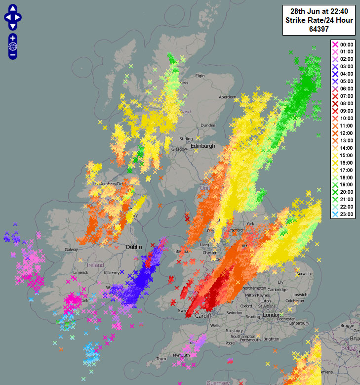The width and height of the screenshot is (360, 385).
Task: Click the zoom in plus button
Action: click(x=13, y=39)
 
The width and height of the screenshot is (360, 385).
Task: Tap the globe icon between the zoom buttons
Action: click(x=13, y=47)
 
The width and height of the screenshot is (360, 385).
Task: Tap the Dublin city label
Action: click(x=133, y=247)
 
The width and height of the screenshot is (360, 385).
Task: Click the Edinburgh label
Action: click(x=203, y=146)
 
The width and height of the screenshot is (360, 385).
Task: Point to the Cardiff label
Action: click(x=203, y=315)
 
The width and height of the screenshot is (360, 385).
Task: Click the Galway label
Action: click(x=72, y=250)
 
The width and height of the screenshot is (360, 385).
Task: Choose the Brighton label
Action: click(x=271, y=339)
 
